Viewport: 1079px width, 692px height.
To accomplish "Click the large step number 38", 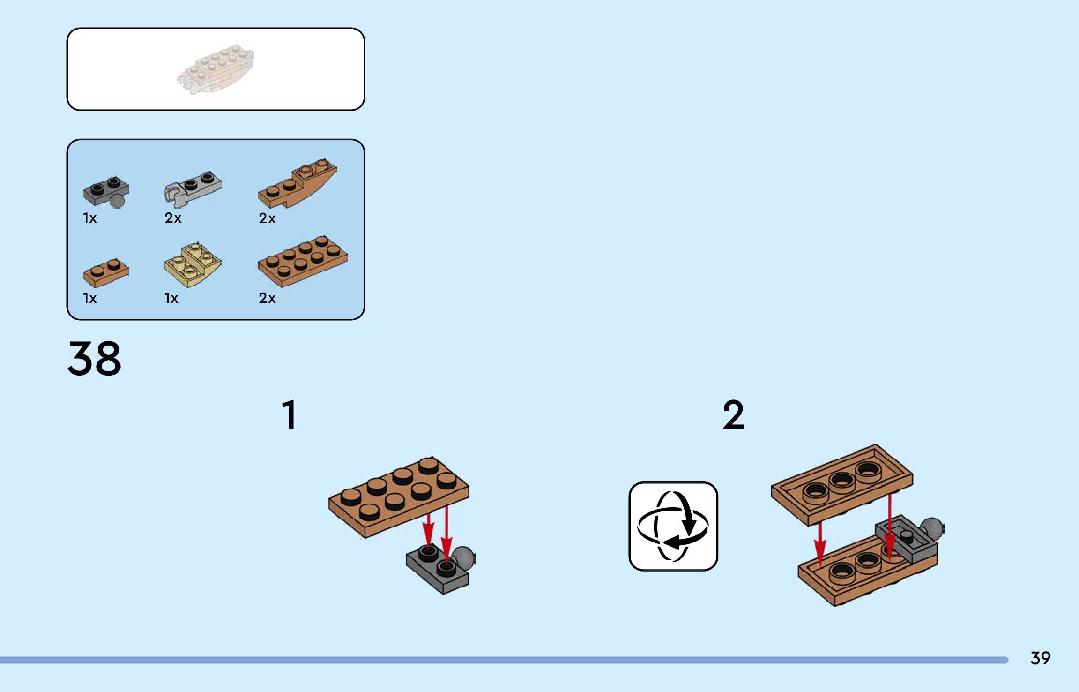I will tap(94, 359).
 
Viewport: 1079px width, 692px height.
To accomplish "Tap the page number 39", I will tap(1040, 658).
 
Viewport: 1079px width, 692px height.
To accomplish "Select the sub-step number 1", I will tap(289, 414).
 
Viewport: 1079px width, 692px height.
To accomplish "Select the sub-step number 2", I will tap(733, 414).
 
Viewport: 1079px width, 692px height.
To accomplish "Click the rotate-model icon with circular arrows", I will tap(673, 526).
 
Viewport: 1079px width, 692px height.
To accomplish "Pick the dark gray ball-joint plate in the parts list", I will tap(105, 191).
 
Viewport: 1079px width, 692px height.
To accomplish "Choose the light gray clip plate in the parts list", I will tap(193, 188).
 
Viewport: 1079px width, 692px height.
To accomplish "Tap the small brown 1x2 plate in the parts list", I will tap(105, 272).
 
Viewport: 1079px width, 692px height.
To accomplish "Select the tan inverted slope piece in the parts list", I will tap(193, 265).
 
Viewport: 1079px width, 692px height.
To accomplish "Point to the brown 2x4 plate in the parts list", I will tap(303, 261).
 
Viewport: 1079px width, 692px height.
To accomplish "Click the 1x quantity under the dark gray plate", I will tap(89, 218).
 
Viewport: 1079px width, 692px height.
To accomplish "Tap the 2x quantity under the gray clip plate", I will tap(173, 218).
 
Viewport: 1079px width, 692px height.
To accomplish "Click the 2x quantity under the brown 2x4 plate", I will tap(267, 298).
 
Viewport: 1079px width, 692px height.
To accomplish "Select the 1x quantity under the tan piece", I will tap(171, 298).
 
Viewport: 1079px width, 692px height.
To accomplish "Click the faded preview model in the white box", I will tap(216, 69).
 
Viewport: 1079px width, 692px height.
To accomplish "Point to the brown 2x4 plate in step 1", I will tap(398, 497).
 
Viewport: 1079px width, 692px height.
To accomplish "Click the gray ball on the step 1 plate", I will tap(464, 557).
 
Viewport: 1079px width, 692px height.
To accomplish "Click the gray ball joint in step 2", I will tap(932, 528).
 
